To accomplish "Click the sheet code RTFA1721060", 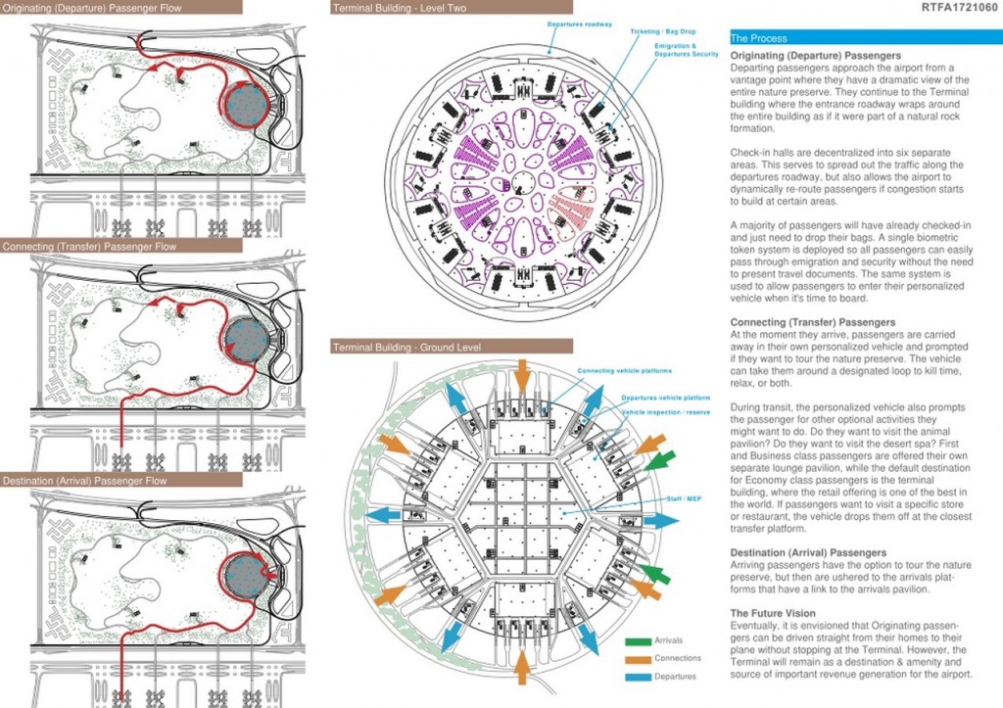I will pyautogui.click(x=959, y=8).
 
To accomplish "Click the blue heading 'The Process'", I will pyautogui.click(x=759, y=38).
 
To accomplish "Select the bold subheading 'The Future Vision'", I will pyautogui.click(x=775, y=613).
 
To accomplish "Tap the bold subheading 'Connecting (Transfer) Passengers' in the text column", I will pyautogui.click(x=812, y=322).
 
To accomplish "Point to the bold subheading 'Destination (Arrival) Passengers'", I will pyautogui.click(x=808, y=552).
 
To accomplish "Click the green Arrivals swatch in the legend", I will pyautogui.click(x=639, y=640).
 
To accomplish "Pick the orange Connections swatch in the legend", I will pyautogui.click(x=639, y=658).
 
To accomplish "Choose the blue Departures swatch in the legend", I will pyautogui.click(x=639, y=676).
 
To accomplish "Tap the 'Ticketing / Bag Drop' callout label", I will pyautogui.click(x=658, y=31).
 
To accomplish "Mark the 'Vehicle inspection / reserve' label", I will pyautogui.click(x=665, y=412).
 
